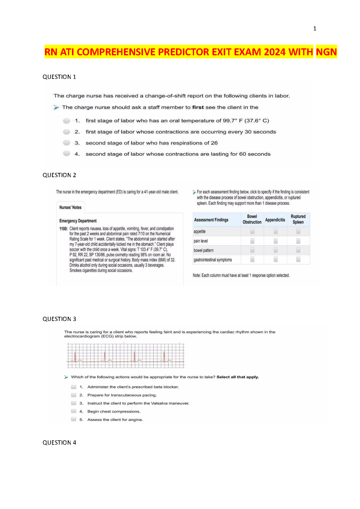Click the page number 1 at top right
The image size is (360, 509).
pos(315,29)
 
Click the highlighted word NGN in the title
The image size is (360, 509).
pos(326,52)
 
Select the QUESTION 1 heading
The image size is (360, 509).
pos(59,77)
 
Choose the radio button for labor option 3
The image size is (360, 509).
pos(66,143)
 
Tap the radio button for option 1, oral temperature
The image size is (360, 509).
pos(66,121)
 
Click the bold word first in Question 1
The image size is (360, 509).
pos(198,107)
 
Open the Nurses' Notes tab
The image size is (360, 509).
pos(70,207)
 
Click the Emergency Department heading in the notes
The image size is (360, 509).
pos(78,221)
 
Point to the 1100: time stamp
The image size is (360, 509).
pos(63,229)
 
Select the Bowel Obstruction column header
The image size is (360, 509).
pos(252,219)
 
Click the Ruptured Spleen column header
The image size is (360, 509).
pos(298,219)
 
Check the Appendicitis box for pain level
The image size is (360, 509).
pos(276,241)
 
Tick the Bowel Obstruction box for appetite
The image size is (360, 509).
pos(252,231)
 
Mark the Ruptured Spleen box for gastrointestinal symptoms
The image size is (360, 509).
pos(298,259)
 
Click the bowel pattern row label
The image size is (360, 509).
pos(204,251)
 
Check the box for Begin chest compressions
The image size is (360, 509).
pos(74,411)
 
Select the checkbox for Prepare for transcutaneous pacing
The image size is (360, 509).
pos(74,395)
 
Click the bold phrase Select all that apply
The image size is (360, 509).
pos(238,377)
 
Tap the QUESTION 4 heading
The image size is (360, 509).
pos(59,443)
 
